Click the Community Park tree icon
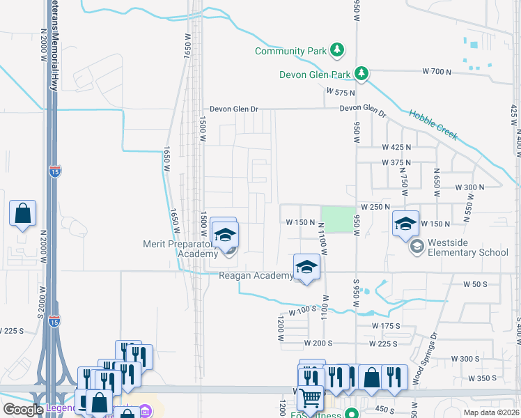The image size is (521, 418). (x=337, y=50)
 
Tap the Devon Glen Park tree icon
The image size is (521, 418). (x=361, y=72)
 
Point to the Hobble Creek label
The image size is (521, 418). (x=433, y=124)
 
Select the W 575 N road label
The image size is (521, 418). (x=340, y=91)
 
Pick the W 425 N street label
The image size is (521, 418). (x=397, y=147)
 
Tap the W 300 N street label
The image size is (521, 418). (x=469, y=187)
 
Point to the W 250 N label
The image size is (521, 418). (x=375, y=208)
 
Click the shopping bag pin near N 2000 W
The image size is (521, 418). (x=22, y=214)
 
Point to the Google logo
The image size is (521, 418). (x=24, y=410)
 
